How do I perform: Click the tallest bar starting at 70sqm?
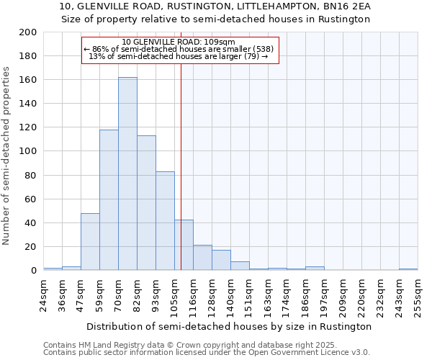[x=127, y=174]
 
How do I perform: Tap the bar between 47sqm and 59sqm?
[x=90, y=242]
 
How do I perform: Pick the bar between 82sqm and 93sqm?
[x=146, y=203]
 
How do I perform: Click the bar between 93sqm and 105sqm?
[x=165, y=221]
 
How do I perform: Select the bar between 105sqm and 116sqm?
[x=184, y=245]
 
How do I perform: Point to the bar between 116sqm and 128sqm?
[x=202, y=258]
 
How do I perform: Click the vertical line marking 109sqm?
[x=181, y=166]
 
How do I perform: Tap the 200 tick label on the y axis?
[x=29, y=32]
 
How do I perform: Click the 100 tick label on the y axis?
[x=29, y=151]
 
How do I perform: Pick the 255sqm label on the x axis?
[x=418, y=295]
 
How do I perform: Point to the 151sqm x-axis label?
[x=249, y=295]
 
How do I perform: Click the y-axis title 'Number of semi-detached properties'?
[x=7, y=155]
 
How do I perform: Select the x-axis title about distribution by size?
[x=229, y=326]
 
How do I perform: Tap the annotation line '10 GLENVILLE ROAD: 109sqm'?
[x=179, y=42]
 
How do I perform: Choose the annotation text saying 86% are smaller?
[x=179, y=49]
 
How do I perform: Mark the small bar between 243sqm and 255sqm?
[x=408, y=269]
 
